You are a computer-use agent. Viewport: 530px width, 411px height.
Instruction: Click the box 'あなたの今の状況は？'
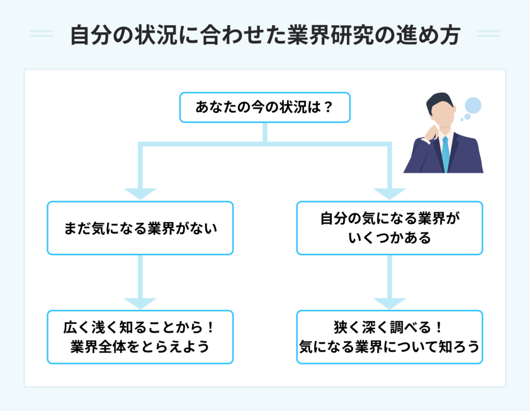click(x=264, y=108)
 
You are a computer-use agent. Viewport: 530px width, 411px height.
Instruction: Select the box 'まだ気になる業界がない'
click(x=140, y=228)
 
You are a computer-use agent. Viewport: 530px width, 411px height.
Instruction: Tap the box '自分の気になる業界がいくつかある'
click(x=389, y=228)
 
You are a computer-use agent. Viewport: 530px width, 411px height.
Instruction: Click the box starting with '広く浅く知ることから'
click(x=140, y=337)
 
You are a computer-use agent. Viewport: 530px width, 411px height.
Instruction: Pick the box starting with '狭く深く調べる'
click(x=389, y=337)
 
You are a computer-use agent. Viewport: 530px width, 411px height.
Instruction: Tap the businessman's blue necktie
click(x=445, y=153)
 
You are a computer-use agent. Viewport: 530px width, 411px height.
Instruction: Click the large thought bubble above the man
click(x=473, y=105)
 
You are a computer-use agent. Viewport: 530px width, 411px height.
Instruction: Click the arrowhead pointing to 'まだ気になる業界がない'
click(x=140, y=193)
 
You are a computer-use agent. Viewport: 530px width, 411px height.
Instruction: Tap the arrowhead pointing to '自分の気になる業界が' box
click(x=389, y=193)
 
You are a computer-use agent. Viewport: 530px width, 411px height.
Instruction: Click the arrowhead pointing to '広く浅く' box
click(x=140, y=303)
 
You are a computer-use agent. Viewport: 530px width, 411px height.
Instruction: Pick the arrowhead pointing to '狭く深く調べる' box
click(x=389, y=303)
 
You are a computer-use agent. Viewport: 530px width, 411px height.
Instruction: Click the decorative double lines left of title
click(x=41, y=34)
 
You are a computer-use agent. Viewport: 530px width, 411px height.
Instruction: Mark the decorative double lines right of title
click(x=488, y=34)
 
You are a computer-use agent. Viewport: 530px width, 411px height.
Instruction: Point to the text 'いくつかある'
click(x=389, y=238)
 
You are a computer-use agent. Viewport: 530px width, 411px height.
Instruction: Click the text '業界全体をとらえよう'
click(x=140, y=347)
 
